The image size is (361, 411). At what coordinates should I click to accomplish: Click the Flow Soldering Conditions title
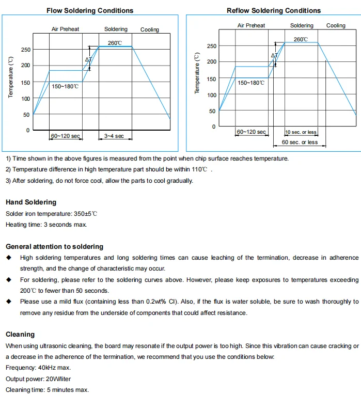pyautogui.click(x=90, y=10)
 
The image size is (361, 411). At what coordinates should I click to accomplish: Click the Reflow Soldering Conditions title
pyautogui.click(x=274, y=10)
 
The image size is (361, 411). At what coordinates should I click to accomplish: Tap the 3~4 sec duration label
pyautogui.click(x=114, y=136)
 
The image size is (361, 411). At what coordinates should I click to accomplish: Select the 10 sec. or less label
pyautogui.click(x=301, y=132)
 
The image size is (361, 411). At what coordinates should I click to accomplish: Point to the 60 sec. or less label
pyautogui.click(x=300, y=143)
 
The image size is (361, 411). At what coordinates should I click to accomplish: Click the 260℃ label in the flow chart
pyautogui.click(x=115, y=43)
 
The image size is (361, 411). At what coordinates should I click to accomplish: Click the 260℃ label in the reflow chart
pyautogui.click(x=301, y=39)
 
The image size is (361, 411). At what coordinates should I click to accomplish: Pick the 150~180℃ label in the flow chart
pyautogui.click(x=65, y=86)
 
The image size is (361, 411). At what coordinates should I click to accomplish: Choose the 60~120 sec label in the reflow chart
pyautogui.click(x=251, y=132)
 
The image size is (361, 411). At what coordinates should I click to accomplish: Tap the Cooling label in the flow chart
pyautogui.click(x=150, y=30)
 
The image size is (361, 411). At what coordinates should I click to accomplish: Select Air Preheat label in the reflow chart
pyautogui.click(x=251, y=26)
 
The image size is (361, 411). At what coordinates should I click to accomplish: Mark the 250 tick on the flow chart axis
pyautogui.click(x=25, y=50)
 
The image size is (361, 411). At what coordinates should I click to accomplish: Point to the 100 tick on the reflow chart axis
pyautogui.click(x=211, y=95)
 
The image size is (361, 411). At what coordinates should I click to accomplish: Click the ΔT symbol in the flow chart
pyautogui.click(x=88, y=60)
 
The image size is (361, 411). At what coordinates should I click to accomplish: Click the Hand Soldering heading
pyautogui.click(x=31, y=202)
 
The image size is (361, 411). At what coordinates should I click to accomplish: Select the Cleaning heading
pyautogui.click(x=20, y=335)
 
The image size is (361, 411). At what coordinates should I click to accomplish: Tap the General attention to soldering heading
pyautogui.click(x=54, y=247)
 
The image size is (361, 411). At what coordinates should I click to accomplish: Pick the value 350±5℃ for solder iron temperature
pyautogui.click(x=86, y=214)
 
